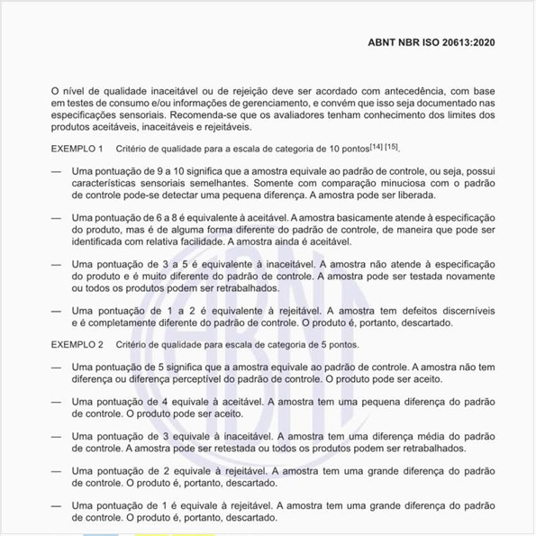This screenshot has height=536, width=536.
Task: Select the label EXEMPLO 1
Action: (77, 148)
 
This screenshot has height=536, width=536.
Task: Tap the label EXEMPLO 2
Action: (77, 345)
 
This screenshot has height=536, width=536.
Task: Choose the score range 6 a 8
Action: (168, 217)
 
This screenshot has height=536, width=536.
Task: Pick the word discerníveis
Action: (462, 311)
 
